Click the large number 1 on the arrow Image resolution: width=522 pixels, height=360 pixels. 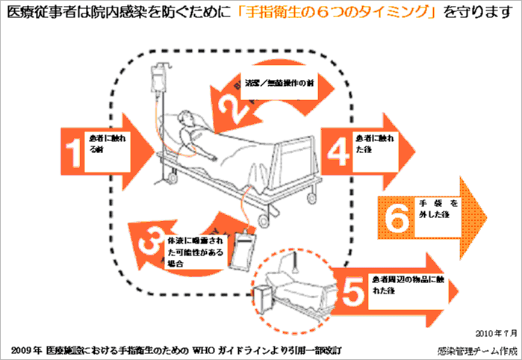tap(72, 152)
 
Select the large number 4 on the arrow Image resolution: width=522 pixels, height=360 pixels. tap(339, 152)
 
